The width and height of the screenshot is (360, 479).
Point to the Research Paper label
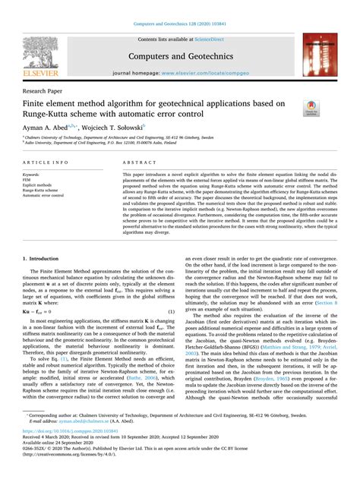pos(46,89)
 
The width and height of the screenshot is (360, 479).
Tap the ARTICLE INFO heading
pos(48,162)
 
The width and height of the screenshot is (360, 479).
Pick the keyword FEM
pos(30,179)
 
